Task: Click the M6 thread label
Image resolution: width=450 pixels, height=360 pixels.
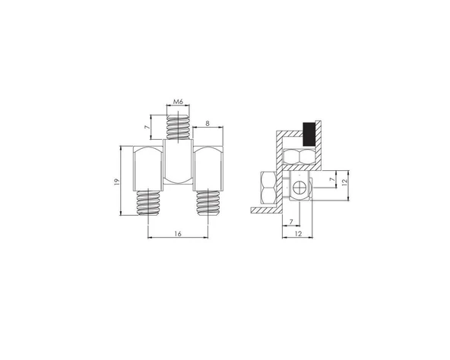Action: (x=178, y=101)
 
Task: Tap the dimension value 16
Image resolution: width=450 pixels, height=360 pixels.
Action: (x=177, y=235)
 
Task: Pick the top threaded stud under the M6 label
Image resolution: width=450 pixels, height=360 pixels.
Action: (x=178, y=126)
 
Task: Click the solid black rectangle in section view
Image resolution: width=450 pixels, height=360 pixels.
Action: (x=309, y=134)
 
